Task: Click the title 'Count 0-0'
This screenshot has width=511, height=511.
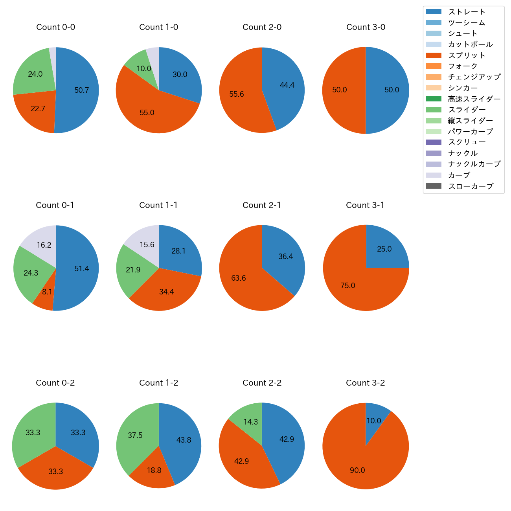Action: pyautogui.click(x=56, y=27)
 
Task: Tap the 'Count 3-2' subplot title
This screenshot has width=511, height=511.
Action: pyautogui.click(x=365, y=383)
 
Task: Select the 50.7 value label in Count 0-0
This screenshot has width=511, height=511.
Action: pyautogui.click(x=82, y=90)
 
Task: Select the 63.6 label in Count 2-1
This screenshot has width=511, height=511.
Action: pyautogui.click(x=239, y=278)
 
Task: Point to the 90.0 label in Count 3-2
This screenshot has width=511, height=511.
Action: pyautogui.click(x=357, y=470)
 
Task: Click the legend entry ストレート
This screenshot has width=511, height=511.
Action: pyautogui.click(x=467, y=12)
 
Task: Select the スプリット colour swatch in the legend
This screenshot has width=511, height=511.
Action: pyautogui.click(x=434, y=55)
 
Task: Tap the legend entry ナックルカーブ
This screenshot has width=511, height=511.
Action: pyautogui.click(x=474, y=164)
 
